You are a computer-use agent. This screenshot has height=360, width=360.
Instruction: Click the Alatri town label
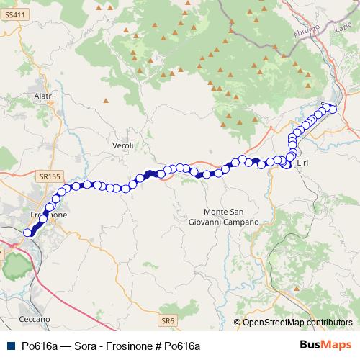45,96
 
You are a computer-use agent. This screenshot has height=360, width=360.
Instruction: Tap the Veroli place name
123,145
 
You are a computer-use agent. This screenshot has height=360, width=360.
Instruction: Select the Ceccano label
36,318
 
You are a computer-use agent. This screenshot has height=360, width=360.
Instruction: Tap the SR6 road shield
168,320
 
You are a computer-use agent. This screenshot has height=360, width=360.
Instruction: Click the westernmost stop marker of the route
29,232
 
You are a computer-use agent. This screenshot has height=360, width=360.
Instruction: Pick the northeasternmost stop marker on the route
333,109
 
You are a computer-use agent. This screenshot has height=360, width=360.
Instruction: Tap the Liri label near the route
302,164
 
